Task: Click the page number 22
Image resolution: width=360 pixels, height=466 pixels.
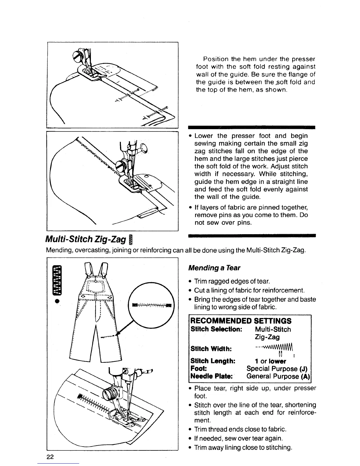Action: tap(50, 457)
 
